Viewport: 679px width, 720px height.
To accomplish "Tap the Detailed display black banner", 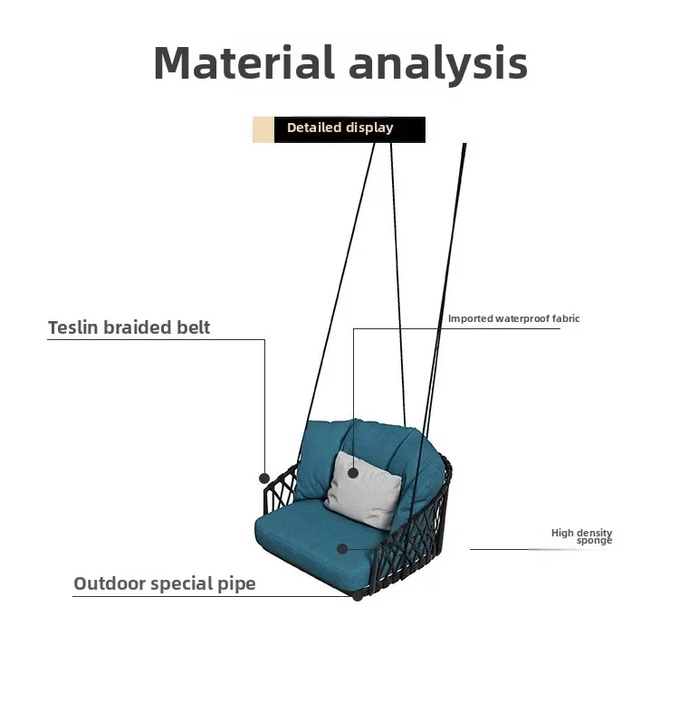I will tap(349, 128).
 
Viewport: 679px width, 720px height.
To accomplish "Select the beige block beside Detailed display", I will tap(263, 129).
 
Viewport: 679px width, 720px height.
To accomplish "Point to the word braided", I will tap(139, 327).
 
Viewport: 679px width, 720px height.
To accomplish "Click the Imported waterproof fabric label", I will tap(513, 318).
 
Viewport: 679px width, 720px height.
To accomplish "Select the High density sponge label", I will tap(582, 536).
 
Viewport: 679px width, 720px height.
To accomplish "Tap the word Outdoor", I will tap(109, 583).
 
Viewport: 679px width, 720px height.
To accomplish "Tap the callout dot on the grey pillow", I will tap(353, 472).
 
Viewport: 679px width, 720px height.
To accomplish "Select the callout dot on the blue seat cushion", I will tap(342, 548).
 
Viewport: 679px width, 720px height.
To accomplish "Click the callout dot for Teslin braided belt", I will tap(264, 478).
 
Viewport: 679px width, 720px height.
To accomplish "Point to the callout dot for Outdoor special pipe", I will tap(359, 595).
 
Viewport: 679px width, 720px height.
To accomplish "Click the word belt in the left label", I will tap(193, 327).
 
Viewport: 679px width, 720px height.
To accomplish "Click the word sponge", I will tap(594, 541).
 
